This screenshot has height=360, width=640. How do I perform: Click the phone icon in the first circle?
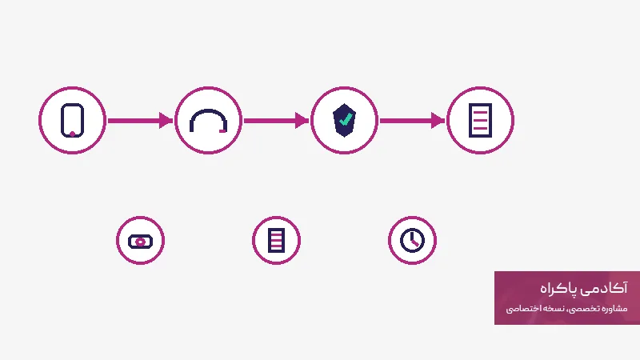pyautogui.click(x=72, y=121)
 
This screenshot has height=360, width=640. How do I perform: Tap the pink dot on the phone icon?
pyautogui.click(x=72, y=134)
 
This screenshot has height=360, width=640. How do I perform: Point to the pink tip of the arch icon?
pyautogui.click(x=223, y=130)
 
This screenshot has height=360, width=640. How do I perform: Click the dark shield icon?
pyautogui.click(x=344, y=120)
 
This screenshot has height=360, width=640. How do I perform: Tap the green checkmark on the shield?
pyautogui.click(x=346, y=119)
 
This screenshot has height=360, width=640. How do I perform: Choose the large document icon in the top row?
pyautogui.click(x=480, y=121)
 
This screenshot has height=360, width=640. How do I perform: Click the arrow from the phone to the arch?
pyautogui.click(x=140, y=121)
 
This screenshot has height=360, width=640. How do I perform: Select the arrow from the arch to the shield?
pyautogui.click(x=276, y=121)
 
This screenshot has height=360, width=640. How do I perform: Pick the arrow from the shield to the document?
pyautogui.click(x=412, y=121)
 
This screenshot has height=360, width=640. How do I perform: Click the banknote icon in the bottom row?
pyautogui.click(x=140, y=242)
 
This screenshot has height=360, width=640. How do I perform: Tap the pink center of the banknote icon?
pyautogui.click(x=140, y=242)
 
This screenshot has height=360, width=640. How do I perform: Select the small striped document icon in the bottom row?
pyautogui.click(x=276, y=241)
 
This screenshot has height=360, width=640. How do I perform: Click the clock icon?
pyautogui.click(x=412, y=240)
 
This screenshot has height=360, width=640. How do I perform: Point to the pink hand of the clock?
pyautogui.click(x=415, y=243)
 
